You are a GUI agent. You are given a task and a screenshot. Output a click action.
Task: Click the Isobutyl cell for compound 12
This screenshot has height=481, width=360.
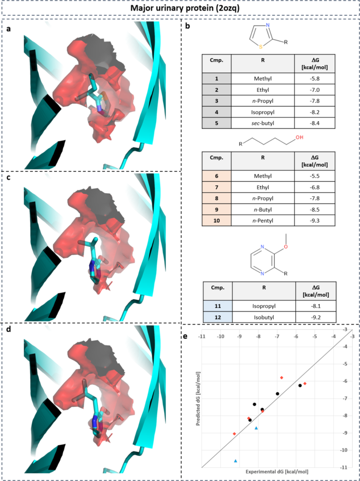coord(264,317)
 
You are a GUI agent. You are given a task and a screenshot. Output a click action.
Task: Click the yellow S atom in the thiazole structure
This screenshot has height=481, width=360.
coord(253,46)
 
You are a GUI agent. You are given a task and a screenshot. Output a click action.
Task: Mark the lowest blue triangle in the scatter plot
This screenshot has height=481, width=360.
coord(235,461)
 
